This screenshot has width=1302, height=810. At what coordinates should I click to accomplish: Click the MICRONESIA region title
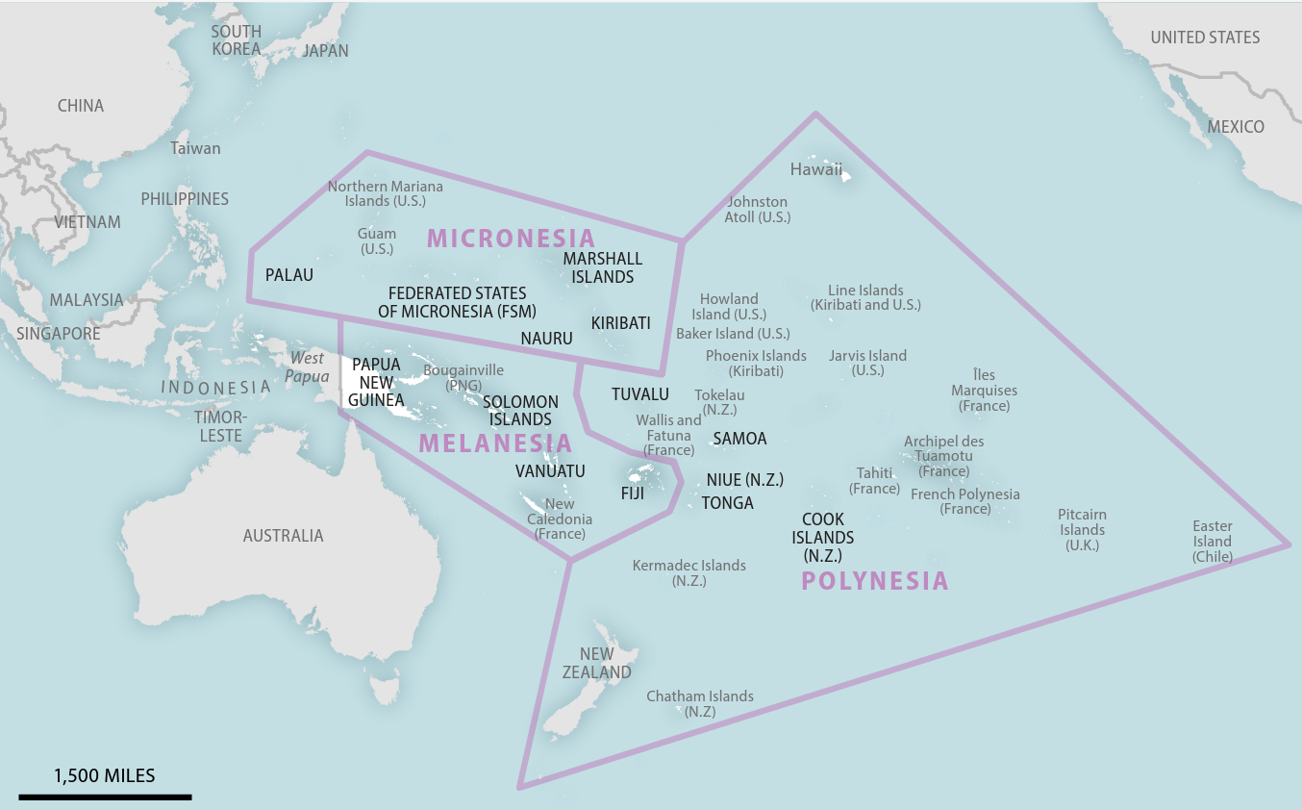point(511,238)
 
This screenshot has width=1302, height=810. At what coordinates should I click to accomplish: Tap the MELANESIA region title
point(495,443)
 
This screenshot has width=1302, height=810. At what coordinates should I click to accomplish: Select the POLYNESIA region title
point(874,581)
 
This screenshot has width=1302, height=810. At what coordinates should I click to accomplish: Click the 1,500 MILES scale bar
point(105,796)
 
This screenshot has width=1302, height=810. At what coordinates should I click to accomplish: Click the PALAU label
point(289,275)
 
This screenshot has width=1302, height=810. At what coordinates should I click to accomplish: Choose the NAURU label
point(546,339)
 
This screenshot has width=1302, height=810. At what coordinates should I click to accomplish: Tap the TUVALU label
point(639,394)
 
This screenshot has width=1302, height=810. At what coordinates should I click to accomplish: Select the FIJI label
point(633,494)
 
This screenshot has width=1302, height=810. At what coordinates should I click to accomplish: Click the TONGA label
point(727,503)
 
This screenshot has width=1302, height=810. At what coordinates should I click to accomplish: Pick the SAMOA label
point(739,439)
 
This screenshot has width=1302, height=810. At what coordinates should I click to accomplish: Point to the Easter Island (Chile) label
point(1212,542)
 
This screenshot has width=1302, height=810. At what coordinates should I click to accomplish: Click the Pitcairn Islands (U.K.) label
point(1082,530)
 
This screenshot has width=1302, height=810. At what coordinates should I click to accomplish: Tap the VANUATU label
point(550,471)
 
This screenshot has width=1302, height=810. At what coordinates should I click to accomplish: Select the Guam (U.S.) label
point(377,241)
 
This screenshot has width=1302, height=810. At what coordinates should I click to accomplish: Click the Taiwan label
point(195,148)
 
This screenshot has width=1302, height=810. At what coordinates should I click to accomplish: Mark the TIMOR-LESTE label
point(220,426)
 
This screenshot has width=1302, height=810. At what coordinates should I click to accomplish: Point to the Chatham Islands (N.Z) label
point(699,703)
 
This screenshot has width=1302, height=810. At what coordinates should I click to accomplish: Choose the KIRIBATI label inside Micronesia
point(620,323)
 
